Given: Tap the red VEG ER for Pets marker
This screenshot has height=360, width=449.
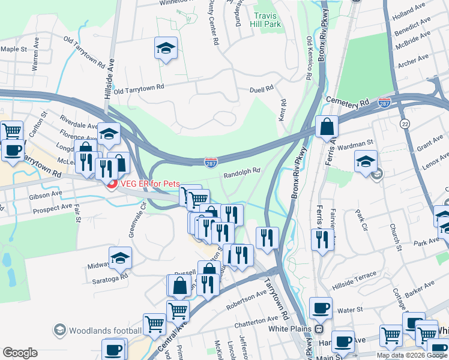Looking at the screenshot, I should [110, 183].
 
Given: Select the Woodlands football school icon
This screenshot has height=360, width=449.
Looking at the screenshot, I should [59, 330].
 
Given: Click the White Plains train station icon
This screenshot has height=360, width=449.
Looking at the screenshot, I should [319, 329].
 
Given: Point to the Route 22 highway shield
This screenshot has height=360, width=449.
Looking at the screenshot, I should [423, 123].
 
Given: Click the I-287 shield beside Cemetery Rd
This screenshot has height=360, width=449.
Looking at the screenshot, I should [384, 104].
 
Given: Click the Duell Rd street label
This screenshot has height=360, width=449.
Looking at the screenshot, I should [261, 88].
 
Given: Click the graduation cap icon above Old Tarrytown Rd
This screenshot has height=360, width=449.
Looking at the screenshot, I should [166, 49].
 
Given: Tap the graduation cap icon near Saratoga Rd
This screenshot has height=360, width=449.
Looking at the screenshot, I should [120, 258].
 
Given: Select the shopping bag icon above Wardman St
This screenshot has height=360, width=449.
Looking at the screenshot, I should [327, 127].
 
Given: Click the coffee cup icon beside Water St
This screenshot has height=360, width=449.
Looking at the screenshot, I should [321, 308].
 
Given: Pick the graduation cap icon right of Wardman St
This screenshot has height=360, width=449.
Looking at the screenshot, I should [366, 161].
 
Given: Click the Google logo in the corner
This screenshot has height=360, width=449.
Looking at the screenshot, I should [20, 353].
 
